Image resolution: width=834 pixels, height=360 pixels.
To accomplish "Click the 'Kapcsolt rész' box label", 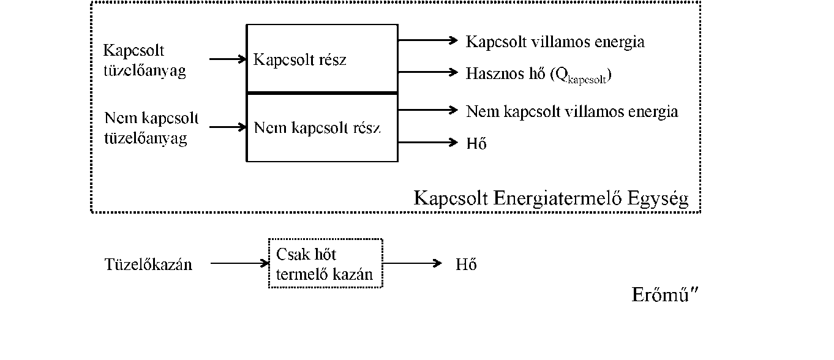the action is click(x=299, y=60).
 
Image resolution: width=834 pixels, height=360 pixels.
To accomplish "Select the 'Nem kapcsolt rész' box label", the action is click(x=317, y=128).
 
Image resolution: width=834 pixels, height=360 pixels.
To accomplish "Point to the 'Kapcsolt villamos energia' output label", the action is click(x=555, y=42).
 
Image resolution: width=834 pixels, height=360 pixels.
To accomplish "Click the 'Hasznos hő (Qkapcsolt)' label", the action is click(x=538, y=75).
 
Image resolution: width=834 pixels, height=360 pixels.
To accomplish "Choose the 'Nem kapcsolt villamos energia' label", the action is click(x=572, y=111).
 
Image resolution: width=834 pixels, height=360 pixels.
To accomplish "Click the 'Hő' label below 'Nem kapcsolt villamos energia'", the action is click(x=476, y=143).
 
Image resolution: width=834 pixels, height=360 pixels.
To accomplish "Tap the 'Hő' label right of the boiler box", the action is click(x=466, y=264).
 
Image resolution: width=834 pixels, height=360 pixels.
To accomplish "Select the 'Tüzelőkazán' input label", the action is click(x=148, y=264).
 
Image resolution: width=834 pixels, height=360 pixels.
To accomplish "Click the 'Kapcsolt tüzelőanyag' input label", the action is click(x=145, y=61).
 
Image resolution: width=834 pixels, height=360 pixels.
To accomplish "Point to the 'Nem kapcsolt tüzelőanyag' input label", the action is click(x=151, y=129).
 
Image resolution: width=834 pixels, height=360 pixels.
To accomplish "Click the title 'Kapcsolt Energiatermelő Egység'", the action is click(x=551, y=198).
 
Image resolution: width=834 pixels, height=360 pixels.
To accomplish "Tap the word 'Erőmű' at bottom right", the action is click(x=660, y=295).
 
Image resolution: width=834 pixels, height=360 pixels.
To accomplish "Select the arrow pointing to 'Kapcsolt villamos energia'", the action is click(x=428, y=40).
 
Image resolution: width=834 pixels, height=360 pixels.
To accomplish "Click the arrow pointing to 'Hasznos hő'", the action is click(x=428, y=72).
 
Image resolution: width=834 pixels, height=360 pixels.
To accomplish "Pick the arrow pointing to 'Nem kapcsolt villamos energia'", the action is click(x=428, y=110).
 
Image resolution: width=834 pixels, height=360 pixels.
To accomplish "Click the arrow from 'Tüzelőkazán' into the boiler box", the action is click(x=240, y=264).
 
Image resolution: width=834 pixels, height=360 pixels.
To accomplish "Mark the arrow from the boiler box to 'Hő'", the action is click(x=412, y=264).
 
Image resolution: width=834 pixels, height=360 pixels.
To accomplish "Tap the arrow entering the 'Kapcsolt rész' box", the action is click(x=228, y=59).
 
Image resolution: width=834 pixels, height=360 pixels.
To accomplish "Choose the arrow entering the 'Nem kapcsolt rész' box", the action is click(x=228, y=127).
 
